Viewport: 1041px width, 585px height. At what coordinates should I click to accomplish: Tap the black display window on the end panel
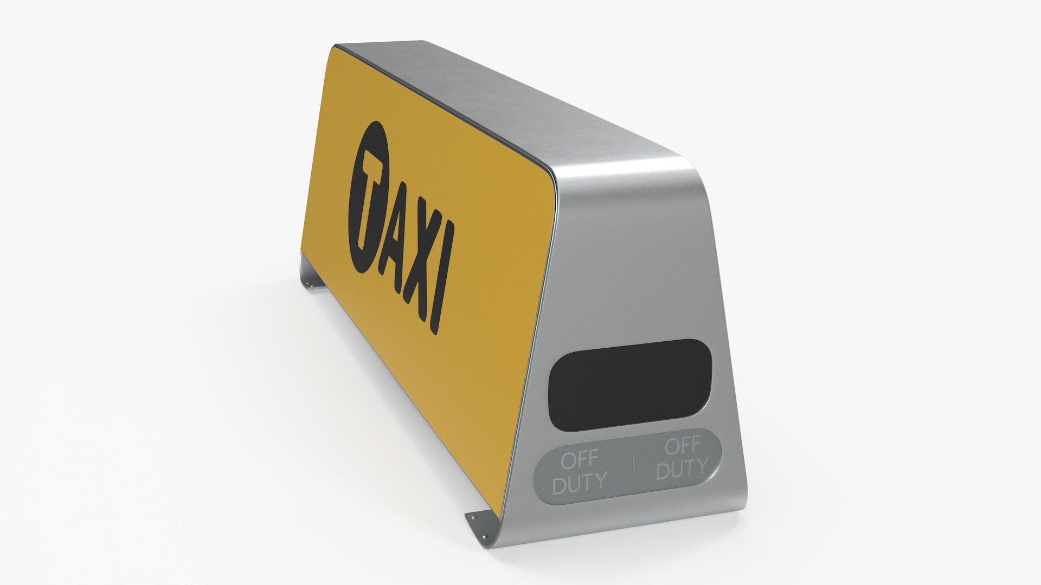tap(629, 385)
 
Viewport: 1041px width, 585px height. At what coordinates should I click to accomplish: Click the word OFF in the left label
tap(579, 460)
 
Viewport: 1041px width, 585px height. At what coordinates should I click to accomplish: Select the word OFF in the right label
tap(682, 447)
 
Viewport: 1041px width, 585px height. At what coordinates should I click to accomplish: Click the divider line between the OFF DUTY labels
tap(633, 465)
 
